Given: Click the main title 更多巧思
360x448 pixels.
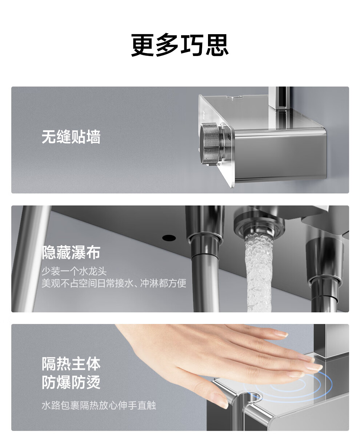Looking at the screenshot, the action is pyautogui.click(x=180, y=45).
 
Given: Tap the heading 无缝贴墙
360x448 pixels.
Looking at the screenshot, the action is pyautogui.click(x=71, y=137).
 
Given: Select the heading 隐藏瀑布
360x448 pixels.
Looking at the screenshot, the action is pyautogui.click(x=71, y=252).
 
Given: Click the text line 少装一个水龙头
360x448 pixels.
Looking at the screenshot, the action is pyautogui.click(x=74, y=271).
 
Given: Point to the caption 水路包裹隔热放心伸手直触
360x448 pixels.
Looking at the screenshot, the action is pyautogui.click(x=99, y=405).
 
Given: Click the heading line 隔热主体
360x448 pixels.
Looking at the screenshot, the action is pyautogui.click(x=71, y=364).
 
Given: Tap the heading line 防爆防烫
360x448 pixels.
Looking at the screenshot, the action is pyautogui.click(x=71, y=382).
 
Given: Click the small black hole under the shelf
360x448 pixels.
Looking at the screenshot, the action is pyautogui.click(x=169, y=237).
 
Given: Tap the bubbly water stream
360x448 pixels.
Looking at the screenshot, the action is pyautogui.click(x=259, y=273).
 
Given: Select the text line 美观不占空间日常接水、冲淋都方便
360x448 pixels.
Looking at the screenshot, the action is pyautogui.click(x=114, y=283).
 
